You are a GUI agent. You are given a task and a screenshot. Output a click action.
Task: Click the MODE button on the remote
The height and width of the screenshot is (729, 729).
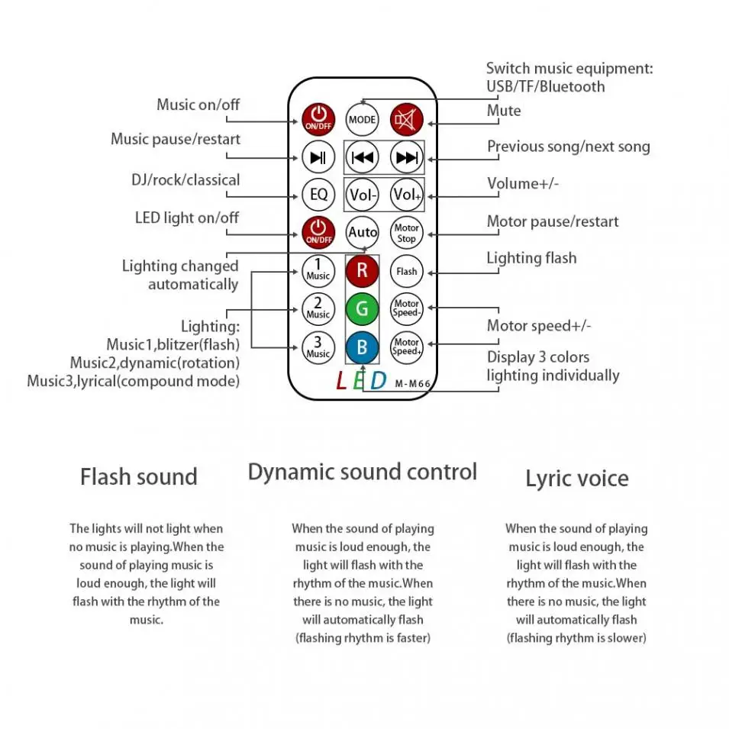point(362,119)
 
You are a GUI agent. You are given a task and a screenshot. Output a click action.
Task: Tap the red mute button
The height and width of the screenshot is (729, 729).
point(407,119)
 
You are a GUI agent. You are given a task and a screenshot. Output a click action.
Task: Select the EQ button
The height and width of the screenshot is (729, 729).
point(318,194)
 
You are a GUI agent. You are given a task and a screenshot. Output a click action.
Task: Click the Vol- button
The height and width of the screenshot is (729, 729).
point(363,194)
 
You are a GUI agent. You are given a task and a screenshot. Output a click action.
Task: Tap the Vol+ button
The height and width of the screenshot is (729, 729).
point(407,194)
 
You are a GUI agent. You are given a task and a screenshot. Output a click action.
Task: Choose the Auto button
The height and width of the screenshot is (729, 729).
point(363,232)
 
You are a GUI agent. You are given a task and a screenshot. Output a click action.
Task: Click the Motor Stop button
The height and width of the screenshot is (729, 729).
point(407,233)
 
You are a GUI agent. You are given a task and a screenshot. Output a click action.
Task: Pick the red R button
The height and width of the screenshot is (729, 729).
point(363,269)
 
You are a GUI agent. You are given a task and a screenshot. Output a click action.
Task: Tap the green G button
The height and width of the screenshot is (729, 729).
point(363,309)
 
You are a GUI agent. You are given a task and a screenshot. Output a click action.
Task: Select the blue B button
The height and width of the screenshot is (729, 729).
point(363,347)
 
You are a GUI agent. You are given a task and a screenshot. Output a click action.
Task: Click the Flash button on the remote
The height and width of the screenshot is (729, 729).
point(407,271)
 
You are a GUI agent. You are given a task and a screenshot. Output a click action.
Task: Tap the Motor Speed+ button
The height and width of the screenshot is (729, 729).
point(407,347)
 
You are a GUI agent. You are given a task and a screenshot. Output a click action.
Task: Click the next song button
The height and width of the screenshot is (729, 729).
point(407,158)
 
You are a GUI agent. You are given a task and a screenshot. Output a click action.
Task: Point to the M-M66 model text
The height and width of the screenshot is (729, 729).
point(413,385)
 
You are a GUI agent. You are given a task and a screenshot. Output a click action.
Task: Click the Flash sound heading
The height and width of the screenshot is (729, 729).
point(139,477)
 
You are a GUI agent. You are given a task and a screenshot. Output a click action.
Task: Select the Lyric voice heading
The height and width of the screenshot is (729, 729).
point(576,479)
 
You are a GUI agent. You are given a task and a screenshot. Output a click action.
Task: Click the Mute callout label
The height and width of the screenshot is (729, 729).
point(504,111)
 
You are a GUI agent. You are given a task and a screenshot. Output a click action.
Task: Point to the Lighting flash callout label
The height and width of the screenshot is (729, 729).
point(531,258)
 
